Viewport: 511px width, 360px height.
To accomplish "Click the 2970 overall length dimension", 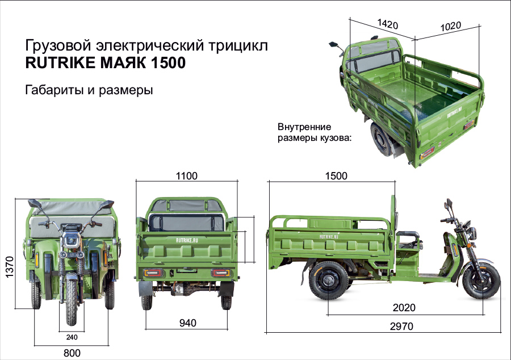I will [x=401, y=326].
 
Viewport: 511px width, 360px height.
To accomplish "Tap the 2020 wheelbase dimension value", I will [x=404, y=308].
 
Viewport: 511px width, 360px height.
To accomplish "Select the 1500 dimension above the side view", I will [x=336, y=176].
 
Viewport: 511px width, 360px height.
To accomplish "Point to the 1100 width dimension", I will [x=186, y=176].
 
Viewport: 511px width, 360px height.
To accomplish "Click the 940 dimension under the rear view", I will [x=187, y=323].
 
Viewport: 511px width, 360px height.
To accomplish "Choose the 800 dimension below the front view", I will [x=72, y=353].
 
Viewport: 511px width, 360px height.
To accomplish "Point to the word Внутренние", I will [x=304, y=127].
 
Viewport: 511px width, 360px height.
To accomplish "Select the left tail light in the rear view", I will [x=153, y=273].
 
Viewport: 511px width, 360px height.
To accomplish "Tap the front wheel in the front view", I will [x=72, y=295].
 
